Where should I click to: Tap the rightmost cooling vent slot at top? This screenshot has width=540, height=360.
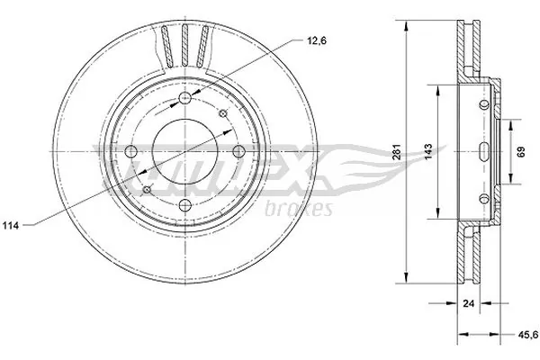pyautogui.click(x=203, y=47)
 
